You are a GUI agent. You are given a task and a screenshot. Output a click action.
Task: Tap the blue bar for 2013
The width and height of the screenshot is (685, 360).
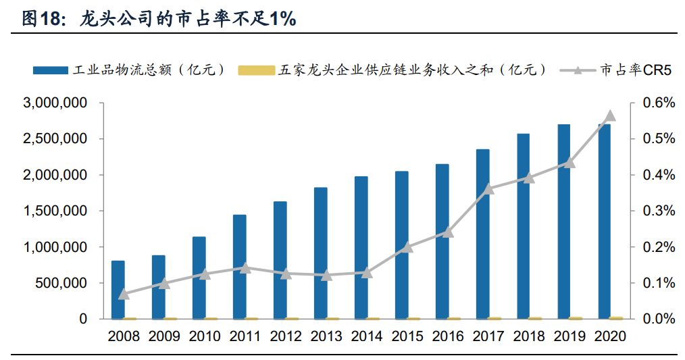[321, 253]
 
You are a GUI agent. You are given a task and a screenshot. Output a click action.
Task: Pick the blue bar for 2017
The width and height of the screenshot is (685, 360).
[483, 234]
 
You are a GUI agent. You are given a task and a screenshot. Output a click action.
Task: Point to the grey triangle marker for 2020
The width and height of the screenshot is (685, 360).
[610, 115]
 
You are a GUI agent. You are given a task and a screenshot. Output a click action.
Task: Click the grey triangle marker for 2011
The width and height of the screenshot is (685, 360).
[245, 268]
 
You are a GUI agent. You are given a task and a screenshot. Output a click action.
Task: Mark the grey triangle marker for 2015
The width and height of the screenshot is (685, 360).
[407, 247]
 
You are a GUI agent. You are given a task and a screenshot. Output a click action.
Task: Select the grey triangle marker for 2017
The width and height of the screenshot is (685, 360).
[488, 189]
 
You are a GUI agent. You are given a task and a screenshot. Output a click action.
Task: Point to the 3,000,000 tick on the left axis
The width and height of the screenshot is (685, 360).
[55, 103]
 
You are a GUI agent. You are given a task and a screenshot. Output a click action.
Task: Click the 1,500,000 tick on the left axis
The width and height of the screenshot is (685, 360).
[55, 211]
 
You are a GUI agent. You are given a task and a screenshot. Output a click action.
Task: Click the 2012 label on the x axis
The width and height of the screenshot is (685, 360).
[286, 336]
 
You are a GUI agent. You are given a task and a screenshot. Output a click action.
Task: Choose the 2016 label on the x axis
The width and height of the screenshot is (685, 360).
[448, 336]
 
